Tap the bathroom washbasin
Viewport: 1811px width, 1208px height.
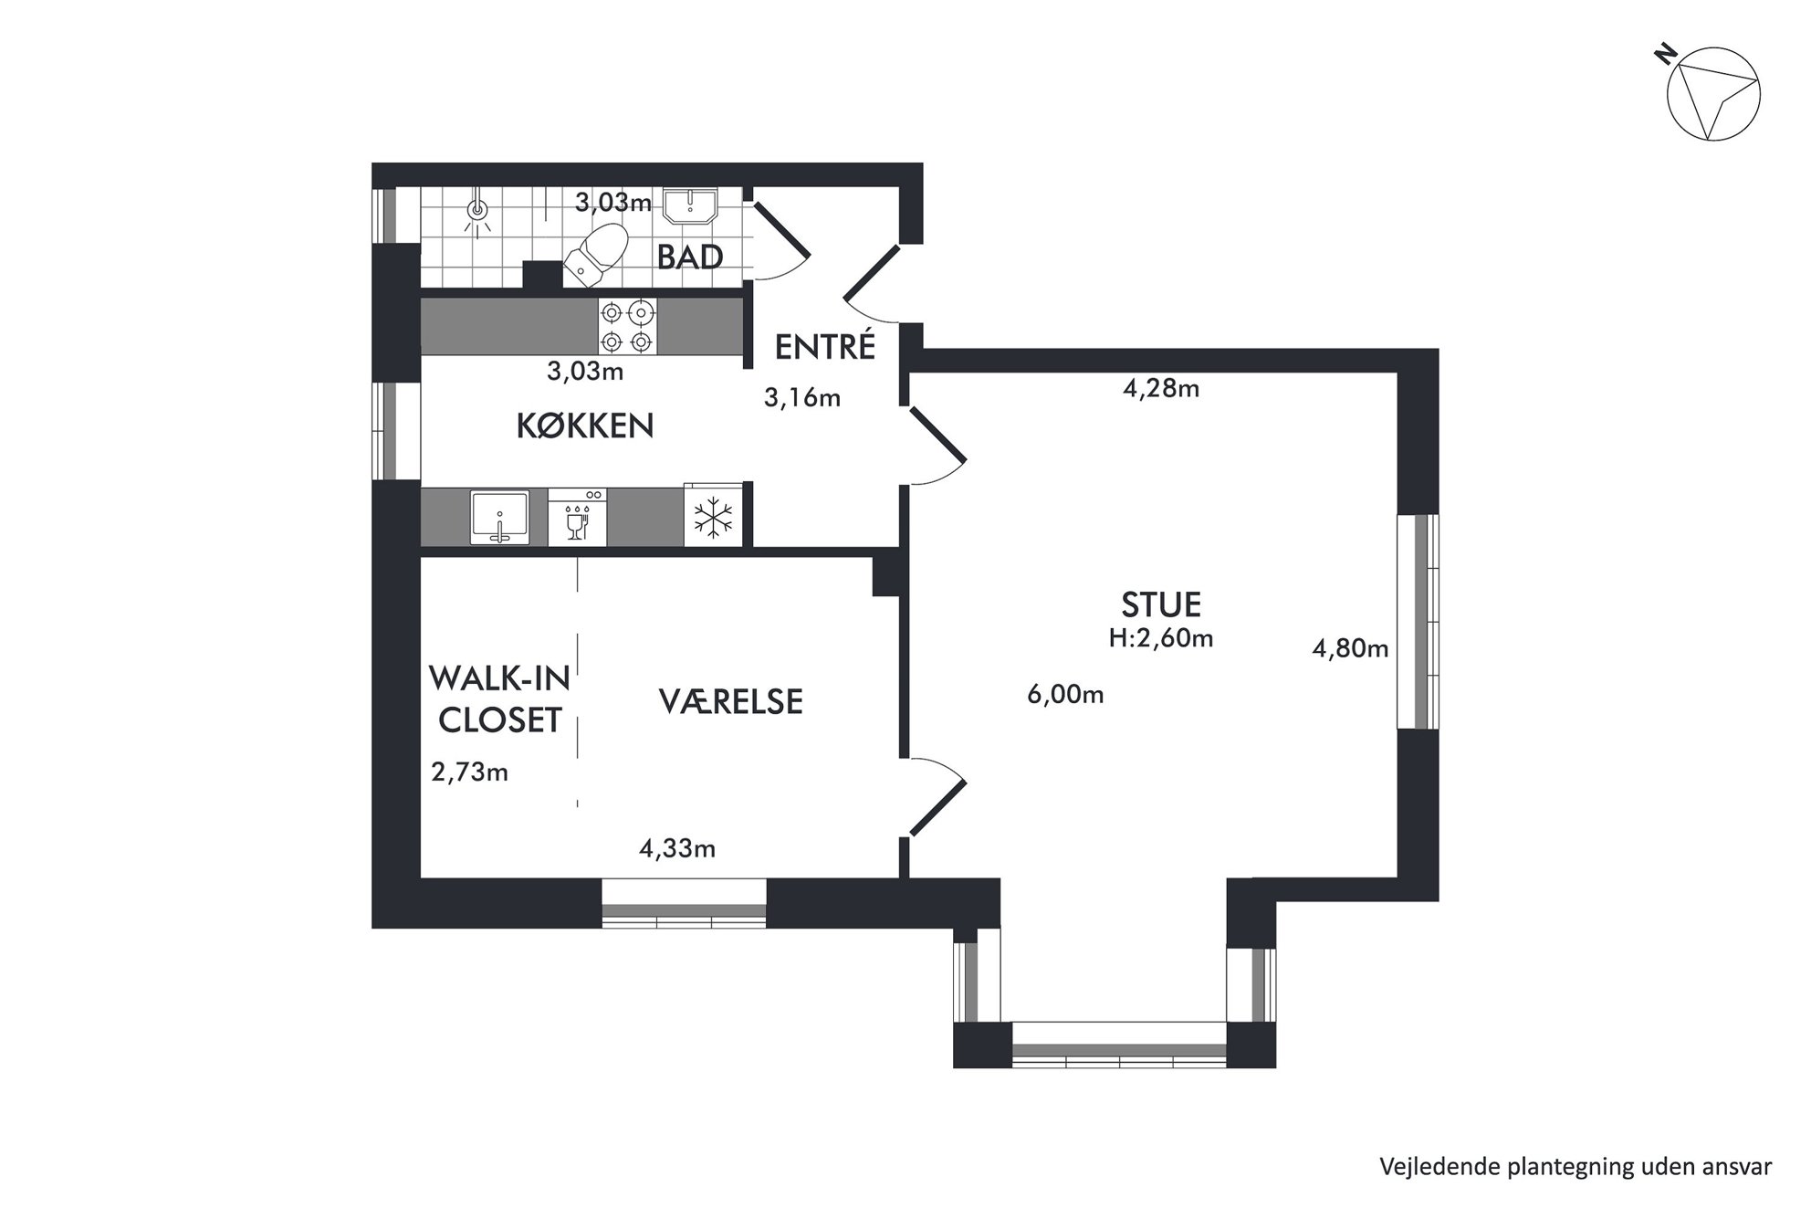[x=689, y=205]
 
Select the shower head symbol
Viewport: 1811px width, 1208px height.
[x=476, y=212]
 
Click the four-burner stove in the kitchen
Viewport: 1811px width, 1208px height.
[x=627, y=327]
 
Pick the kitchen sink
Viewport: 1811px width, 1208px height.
[x=499, y=518]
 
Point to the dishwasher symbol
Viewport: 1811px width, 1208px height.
[x=577, y=518]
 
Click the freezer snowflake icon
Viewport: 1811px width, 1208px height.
[x=713, y=518]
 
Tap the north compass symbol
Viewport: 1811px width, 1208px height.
[x=1712, y=96]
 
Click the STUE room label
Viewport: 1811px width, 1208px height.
[x=1161, y=604]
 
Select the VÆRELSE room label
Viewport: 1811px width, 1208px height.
[x=730, y=701]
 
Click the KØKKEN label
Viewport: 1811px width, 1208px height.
[x=585, y=426]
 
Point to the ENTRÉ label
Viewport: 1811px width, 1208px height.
[x=825, y=346]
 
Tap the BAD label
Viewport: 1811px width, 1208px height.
[x=690, y=257]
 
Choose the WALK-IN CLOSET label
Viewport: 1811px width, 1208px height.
[x=499, y=699]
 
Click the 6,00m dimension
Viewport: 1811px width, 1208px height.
[x=1065, y=695]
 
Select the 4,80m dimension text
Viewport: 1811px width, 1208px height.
[x=1350, y=648]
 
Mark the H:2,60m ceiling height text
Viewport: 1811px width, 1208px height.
[x=1161, y=638]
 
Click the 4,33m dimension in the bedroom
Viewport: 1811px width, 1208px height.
[x=677, y=849]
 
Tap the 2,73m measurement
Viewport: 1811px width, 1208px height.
[x=470, y=772]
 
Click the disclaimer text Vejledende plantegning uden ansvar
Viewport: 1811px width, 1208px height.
[x=1575, y=1166]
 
